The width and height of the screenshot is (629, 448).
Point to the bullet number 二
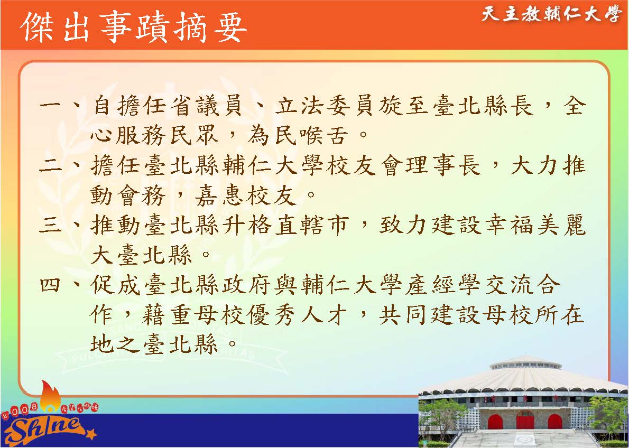[50, 165]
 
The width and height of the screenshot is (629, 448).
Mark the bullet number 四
[50, 285]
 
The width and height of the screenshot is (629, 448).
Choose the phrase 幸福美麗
[535, 226]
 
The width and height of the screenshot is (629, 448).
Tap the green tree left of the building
[441, 417]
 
